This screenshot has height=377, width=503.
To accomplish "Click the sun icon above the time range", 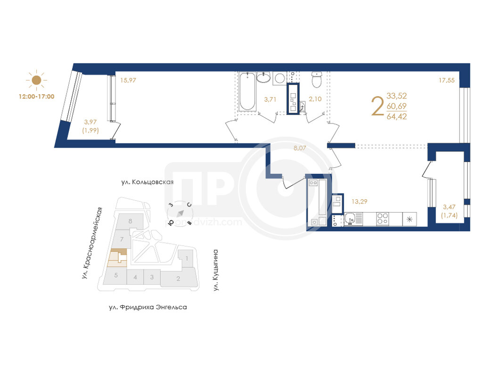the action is point(36,80).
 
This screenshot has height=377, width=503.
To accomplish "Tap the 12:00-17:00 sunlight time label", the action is point(37,97).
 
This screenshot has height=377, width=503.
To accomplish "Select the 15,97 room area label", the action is point(128,80).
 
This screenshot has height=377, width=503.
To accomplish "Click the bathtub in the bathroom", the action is point(247,91).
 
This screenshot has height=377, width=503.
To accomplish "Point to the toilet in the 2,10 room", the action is point(317,80).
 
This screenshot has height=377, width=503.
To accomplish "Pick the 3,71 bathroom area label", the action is point(270,99).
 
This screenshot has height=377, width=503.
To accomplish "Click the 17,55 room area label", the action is point(446,80).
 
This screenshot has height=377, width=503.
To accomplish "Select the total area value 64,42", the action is point(396,116).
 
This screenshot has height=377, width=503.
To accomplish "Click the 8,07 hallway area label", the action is point(300,148).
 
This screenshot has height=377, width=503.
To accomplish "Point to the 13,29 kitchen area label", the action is point(359,201).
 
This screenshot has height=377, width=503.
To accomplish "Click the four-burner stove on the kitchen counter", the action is point(382,219).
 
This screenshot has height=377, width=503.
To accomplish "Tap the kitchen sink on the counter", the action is point(350,219).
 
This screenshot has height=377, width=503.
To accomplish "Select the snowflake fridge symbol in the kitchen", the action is point(409,219).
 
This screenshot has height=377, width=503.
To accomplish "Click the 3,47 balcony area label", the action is point(449,207).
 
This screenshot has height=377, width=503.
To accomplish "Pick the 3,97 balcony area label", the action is point(91,122).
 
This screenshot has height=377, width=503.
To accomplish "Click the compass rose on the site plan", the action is point(180,213).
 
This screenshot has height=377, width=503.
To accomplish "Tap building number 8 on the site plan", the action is point(130,221).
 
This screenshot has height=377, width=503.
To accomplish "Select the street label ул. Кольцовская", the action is point(147,182).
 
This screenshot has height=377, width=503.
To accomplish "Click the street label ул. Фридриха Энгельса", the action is point(148,307).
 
